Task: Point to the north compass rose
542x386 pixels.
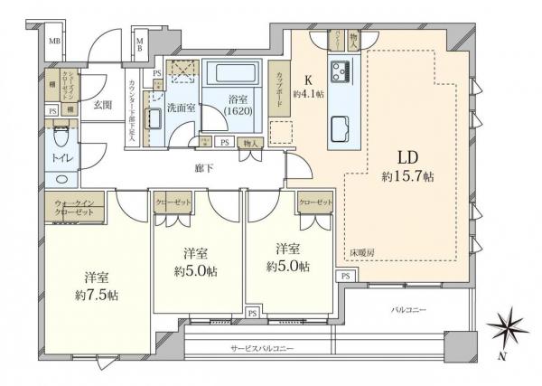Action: coord(505,325)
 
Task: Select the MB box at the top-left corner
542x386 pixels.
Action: coord(55,41)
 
